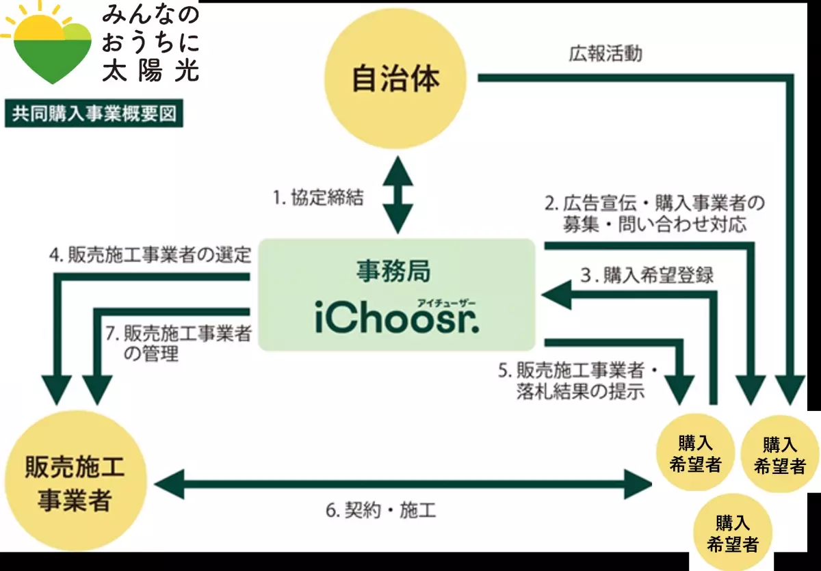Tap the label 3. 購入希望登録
647,276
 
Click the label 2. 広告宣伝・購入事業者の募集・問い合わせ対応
653,213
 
